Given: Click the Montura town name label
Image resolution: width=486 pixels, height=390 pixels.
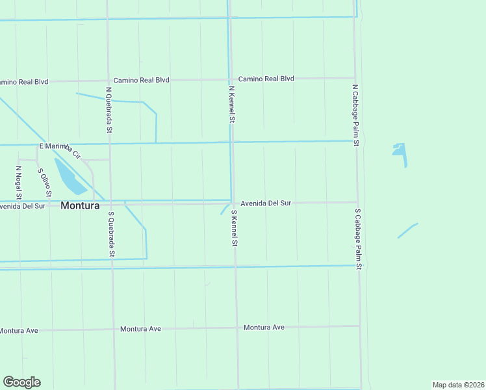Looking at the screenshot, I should tap(80, 206).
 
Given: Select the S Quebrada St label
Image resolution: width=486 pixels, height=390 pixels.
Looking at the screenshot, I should tap(112, 233).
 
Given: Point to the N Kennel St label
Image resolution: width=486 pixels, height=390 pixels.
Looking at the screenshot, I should tap(231, 104).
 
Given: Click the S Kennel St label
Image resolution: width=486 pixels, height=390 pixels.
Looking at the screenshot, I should tap(234, 227).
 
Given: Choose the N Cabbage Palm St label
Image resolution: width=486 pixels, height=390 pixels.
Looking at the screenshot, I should tap(355, 114).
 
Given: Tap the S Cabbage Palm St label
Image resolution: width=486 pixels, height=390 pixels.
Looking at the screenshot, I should tap(358, 239).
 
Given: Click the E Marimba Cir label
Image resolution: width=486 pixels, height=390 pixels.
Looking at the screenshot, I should tap(60, 149).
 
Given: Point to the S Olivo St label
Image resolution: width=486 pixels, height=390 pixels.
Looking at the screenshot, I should tap(45, 183).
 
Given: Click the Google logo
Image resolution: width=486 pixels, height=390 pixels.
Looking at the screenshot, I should tap(21, 382).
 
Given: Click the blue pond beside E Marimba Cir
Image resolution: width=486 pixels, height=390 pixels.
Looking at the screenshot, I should tap(70, 177).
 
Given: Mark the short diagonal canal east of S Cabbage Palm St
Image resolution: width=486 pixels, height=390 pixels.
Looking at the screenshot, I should tap(407, 231).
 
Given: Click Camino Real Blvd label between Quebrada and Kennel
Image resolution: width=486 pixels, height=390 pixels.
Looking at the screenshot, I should tap(141, 80).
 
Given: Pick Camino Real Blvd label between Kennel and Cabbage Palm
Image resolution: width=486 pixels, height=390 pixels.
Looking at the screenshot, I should tap(266, 79).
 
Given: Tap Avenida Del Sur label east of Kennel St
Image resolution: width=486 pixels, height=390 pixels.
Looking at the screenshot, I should tap(266, 203).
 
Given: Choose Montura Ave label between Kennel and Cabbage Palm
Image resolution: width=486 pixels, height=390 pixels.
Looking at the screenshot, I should tap(264, 327).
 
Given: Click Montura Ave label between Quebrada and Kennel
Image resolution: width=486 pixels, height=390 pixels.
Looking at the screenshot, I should tap(140, 329).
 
